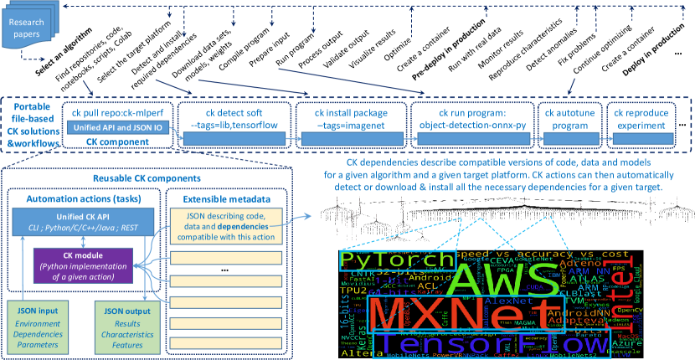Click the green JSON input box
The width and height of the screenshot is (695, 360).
[x=37, y=327]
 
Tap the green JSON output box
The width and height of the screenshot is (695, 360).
[x=123, y=327]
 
